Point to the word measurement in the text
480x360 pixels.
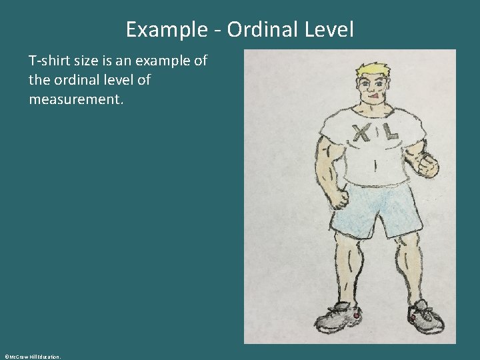(76, 99)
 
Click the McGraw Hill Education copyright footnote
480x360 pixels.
(31, 357)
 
